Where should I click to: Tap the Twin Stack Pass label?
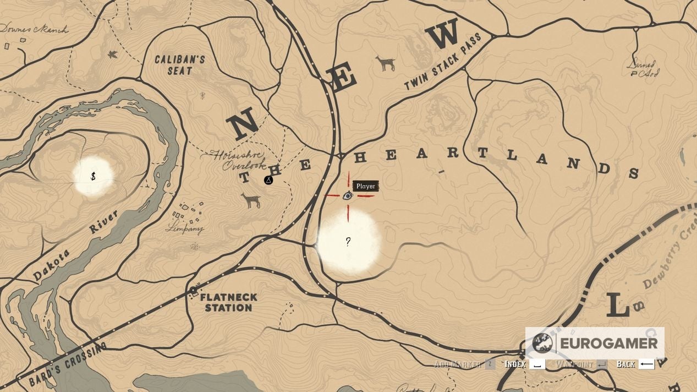(442, 62)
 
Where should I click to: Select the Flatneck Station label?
(228, 302)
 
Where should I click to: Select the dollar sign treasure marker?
(94, 177)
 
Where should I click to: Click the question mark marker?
(348, 242)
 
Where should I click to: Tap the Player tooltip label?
(365, 186)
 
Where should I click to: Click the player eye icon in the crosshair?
(348, 195)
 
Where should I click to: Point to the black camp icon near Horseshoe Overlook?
(268, 180)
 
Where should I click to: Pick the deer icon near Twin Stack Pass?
(386, 63)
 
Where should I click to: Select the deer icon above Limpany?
(251, 200)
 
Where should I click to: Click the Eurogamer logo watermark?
(595, 343)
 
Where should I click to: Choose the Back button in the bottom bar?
(635, 364)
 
